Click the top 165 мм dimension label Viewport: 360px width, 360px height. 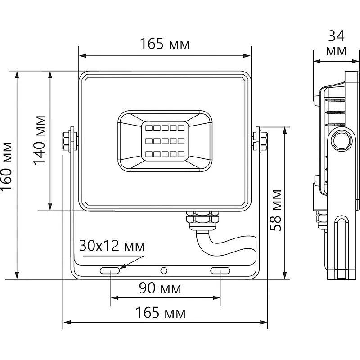point(164,45)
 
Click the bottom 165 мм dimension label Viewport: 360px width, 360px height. point(162,313)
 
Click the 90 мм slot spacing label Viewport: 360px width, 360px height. point(160,288)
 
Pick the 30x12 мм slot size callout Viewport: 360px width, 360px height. point(112,247)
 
